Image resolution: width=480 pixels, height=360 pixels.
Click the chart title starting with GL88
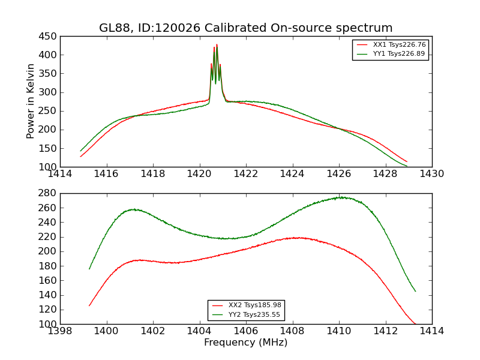pos(246,28)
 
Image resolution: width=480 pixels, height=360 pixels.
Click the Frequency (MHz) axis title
pos(246,343)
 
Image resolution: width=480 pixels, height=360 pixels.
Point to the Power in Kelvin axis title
pos(31,101)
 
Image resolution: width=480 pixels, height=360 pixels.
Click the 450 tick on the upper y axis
pos(50,36)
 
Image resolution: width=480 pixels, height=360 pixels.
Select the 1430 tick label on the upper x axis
pos(431,173)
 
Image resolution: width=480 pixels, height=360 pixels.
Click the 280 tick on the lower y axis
pos(50,193)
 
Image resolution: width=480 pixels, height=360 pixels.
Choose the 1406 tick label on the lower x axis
pos(246,331)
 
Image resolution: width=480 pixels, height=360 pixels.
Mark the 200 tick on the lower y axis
pos(50,251)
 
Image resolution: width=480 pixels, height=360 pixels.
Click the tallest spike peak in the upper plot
pos(217,44)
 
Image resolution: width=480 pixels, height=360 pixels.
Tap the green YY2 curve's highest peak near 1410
pos(340,197)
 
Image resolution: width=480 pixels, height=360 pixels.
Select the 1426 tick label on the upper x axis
pos(338,173)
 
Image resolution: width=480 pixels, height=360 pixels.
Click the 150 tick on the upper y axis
pos(50,148)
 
